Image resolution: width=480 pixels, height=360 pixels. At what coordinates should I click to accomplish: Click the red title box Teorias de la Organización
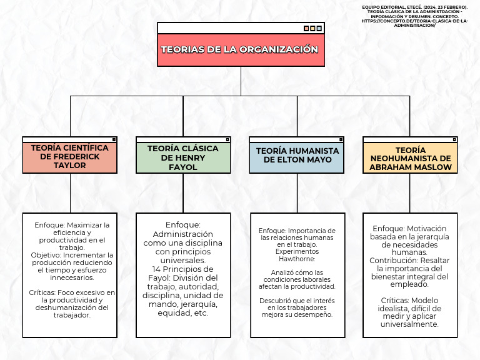241,50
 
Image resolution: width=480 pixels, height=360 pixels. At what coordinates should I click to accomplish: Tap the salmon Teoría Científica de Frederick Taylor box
69,157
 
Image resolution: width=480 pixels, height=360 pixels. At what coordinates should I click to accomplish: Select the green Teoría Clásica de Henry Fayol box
183,157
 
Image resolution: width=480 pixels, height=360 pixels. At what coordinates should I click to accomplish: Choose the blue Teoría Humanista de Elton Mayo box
297,156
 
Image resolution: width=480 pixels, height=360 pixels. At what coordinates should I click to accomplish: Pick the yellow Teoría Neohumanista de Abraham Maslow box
410,159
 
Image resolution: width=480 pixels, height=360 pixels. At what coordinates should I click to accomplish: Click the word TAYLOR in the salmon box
69,166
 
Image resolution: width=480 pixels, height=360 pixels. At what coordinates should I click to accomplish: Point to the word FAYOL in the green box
183,167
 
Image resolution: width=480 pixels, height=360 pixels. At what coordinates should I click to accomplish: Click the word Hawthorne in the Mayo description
297,258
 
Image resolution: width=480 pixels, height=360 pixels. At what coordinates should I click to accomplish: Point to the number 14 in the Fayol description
157,269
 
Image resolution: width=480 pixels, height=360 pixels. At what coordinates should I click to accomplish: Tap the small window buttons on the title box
312,28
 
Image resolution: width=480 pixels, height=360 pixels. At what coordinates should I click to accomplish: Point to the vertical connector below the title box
241,81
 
